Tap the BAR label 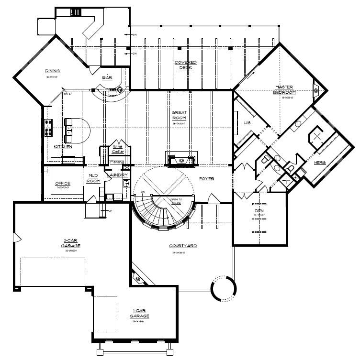[x=107, y=77]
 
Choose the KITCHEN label [x=63, y=147]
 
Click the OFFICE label [x=63, y=183]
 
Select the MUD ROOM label [x=93, y=178]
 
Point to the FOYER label [x=206, y=179]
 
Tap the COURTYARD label [x=183, y=246]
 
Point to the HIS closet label [x=247, y=123]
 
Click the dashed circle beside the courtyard [x=224, y=288]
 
